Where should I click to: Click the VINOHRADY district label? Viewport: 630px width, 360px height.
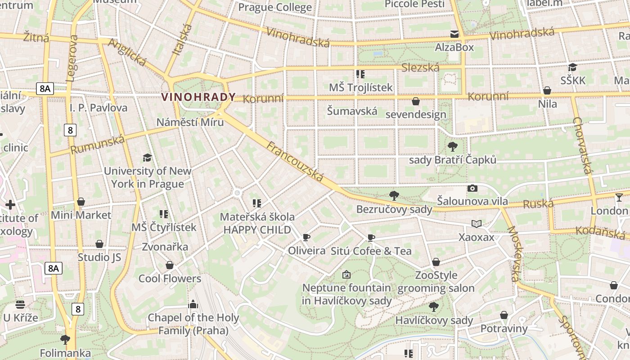click(x=198, y=97)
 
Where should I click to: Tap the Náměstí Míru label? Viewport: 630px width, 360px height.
click(x=190, y=122)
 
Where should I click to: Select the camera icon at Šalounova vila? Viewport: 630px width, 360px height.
click(x=472, y=189)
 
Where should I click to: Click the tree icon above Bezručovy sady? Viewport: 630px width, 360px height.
click(x=394, y=195)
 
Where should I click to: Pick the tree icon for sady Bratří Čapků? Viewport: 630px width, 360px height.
click(x=453, y=146)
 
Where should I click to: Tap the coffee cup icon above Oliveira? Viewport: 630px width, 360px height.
click(x=306, y=237)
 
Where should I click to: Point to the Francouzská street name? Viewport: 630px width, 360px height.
click(x=295, y=162)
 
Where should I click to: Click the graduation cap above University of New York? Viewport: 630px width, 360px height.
click(x=147, y=157)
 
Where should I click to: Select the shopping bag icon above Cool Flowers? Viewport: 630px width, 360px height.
click(x=170, y=265)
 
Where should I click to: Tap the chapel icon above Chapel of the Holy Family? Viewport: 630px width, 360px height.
click(x=193, y=304)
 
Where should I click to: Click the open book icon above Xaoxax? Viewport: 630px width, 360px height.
click(x=477, y=224)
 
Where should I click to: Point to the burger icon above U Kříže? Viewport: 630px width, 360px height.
click(x=20, y=305)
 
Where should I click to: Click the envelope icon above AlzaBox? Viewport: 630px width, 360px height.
click(x=454, y=34)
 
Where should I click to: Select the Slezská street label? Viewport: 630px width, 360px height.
click(x=420, y=67)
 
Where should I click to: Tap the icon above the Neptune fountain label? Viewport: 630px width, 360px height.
click(x=346, y=274)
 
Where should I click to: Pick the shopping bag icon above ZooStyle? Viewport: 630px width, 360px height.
click(x=436, y=262)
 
